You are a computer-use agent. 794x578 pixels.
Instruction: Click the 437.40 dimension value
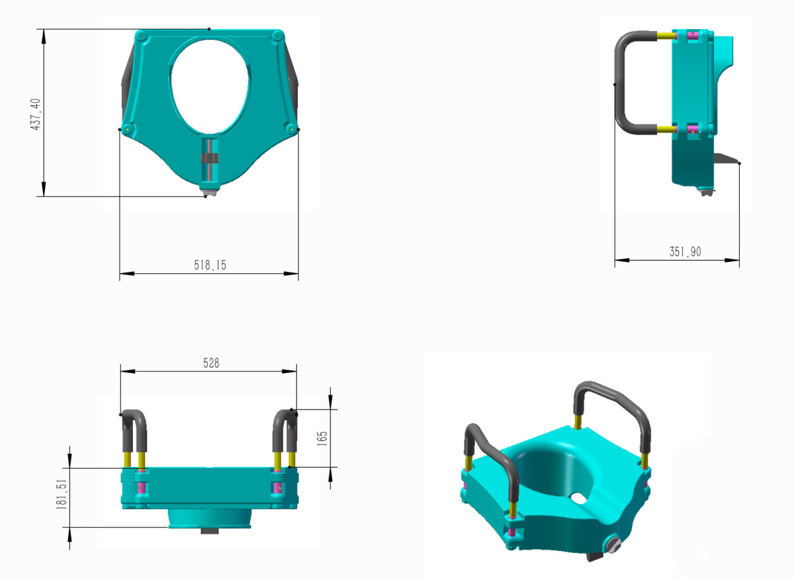click(x=36, y=114)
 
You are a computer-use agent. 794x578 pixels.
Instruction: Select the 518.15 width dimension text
click(x=210, y=265)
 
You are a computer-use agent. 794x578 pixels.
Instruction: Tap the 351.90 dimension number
click(x=685, y=251)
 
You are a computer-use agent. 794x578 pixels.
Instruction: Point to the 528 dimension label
click(x=211, y=363)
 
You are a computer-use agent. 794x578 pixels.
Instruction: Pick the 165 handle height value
click(x=322, y=438)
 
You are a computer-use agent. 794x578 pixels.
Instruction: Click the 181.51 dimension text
click(x=62, y=495)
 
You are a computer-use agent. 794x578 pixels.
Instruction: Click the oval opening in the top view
click(x=210, y=87)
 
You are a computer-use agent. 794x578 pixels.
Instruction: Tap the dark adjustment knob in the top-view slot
click(x=210, y=158)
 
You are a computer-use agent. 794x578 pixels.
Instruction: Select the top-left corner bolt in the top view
click(x=142, y=36)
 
